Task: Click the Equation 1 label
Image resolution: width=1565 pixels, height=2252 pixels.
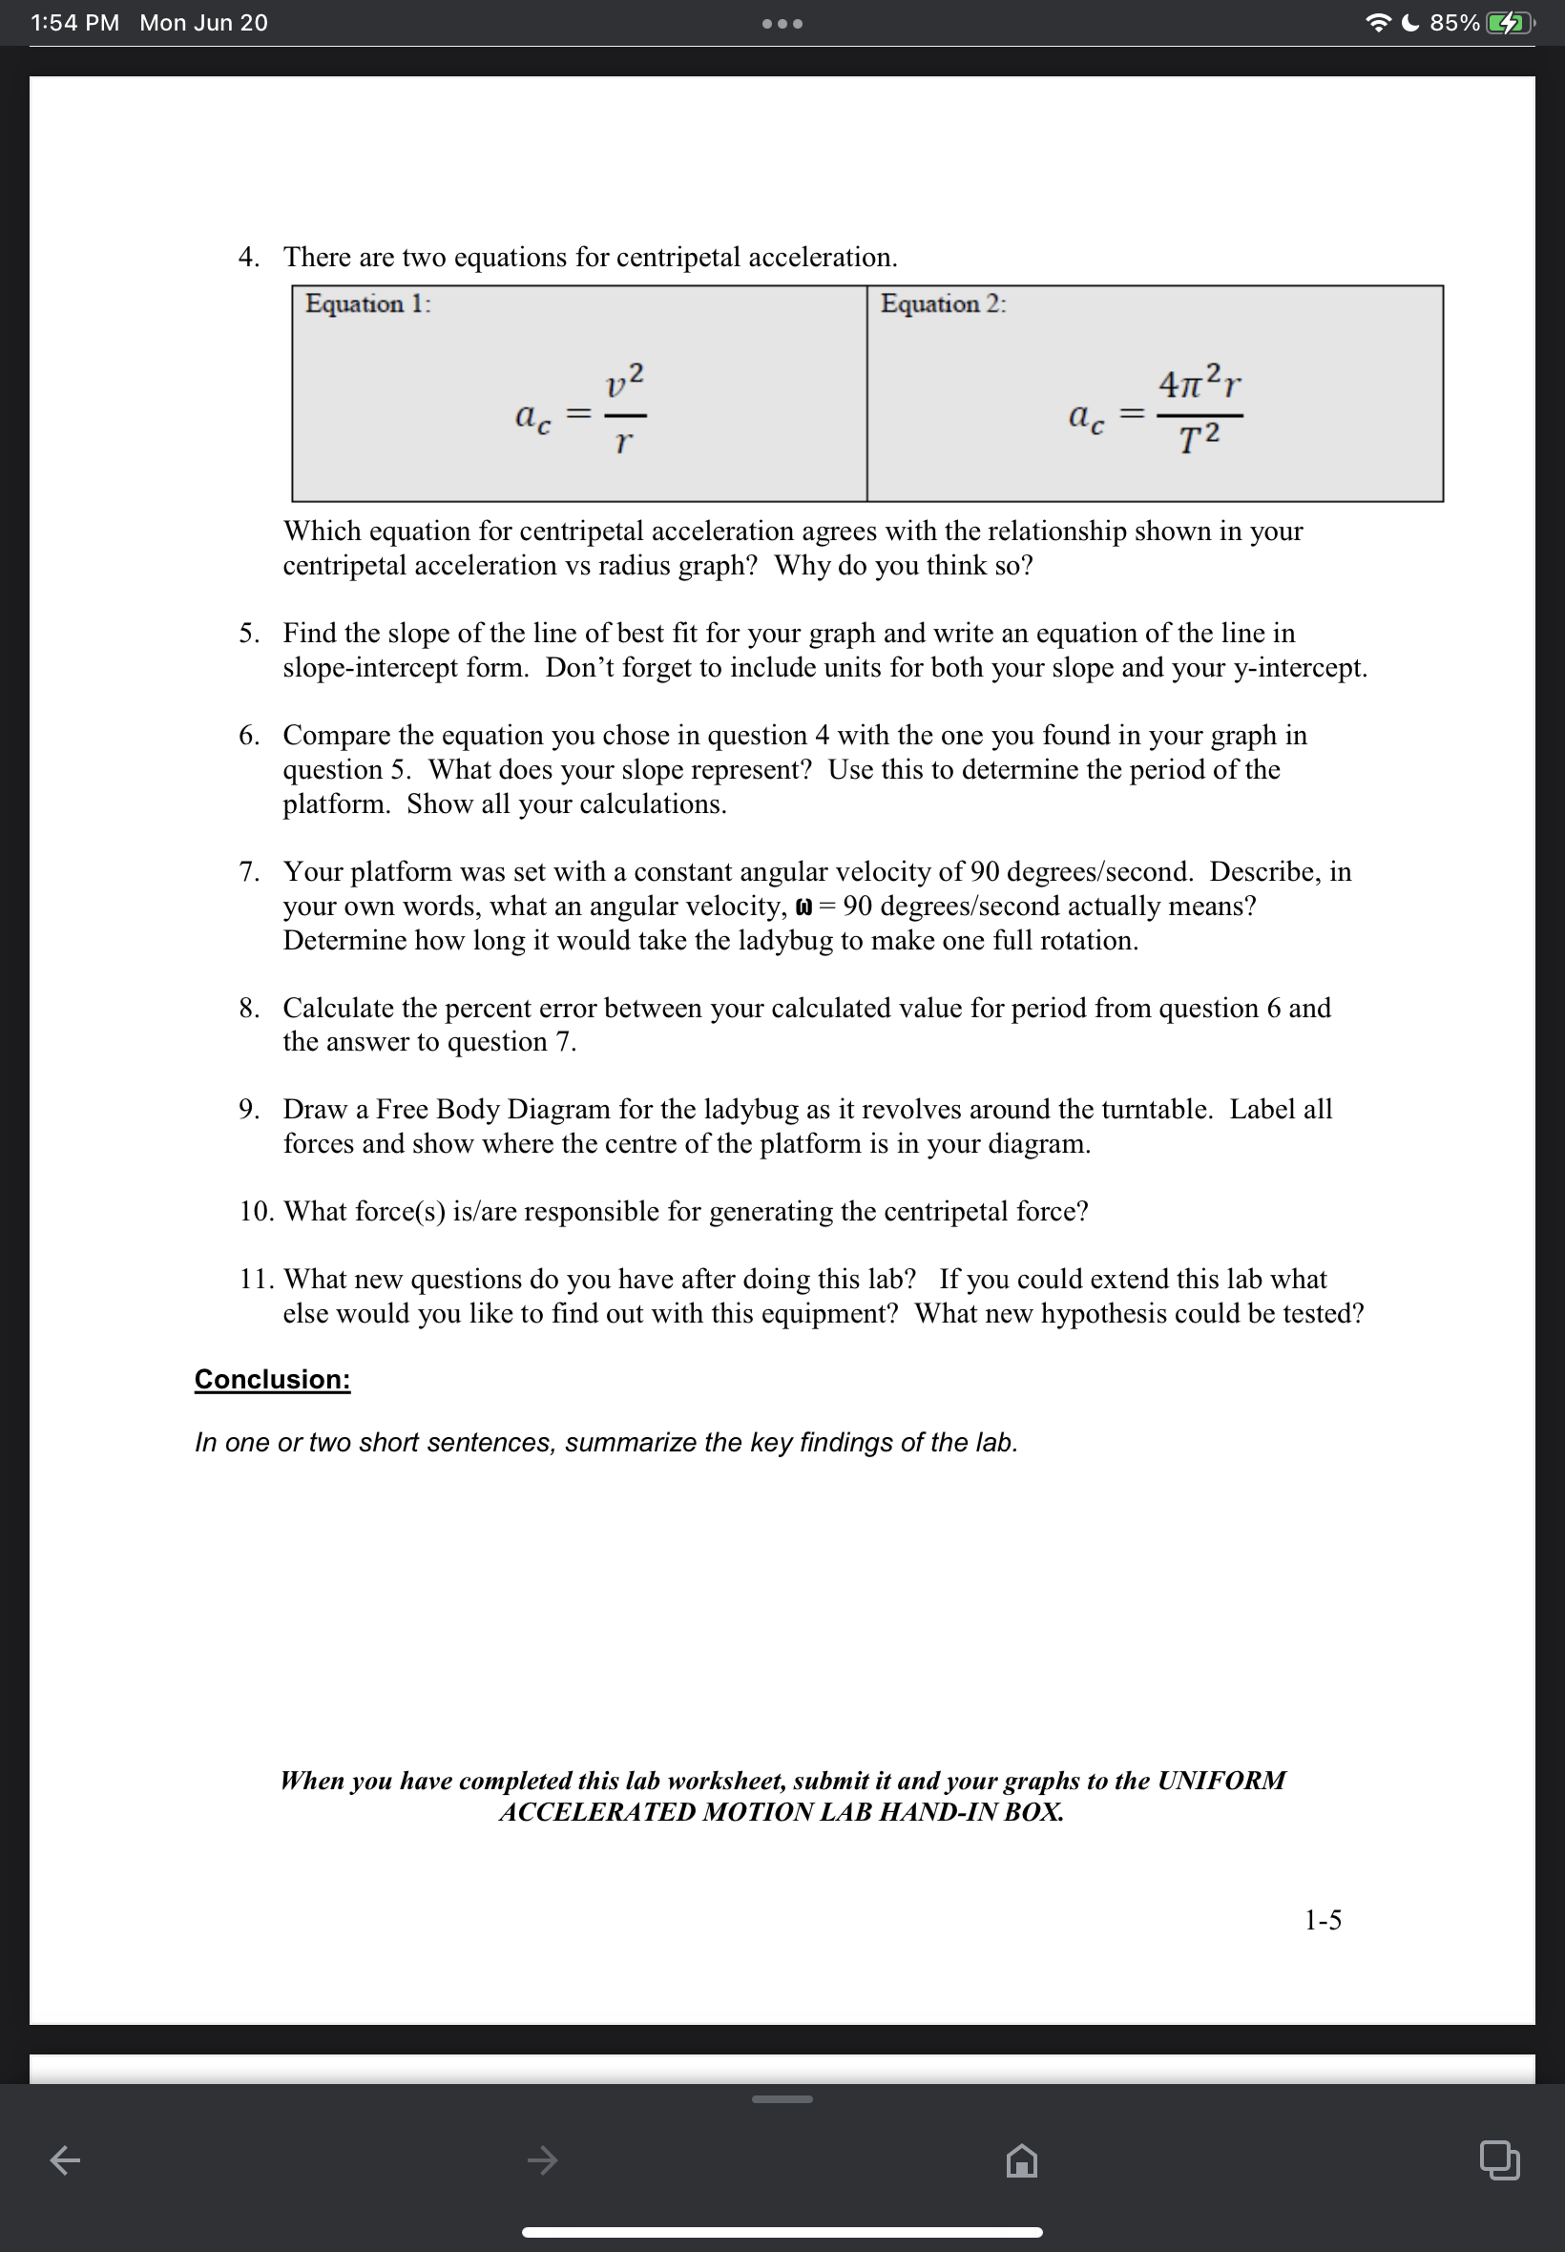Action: click(367, 304)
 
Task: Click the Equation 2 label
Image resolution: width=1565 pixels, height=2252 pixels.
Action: click(942, 304)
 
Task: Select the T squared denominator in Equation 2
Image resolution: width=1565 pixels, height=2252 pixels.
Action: click(1200, 438)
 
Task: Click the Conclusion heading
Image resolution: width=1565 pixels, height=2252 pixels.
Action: click(272, 1380)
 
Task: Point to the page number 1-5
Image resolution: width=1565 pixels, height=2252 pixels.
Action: click(1322, 1920)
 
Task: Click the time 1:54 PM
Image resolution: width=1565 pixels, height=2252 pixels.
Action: click(74, 23)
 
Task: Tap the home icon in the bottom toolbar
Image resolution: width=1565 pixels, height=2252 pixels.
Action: click(1021, 2159)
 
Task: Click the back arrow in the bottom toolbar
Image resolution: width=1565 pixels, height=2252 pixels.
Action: click(65, 2159)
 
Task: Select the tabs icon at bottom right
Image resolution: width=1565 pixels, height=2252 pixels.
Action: click(1498, 2159)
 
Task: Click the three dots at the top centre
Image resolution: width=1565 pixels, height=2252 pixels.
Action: click(782, 24)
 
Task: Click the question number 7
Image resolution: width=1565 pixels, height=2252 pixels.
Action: click(249, 871)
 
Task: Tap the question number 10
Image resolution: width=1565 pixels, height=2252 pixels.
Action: click(256, 1212)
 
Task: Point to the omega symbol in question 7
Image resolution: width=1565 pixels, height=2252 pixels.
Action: click(803, 907)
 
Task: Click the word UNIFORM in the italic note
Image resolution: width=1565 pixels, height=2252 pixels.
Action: click(1221, 1781)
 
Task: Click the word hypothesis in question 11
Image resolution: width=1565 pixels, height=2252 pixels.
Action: click(1102, 1314)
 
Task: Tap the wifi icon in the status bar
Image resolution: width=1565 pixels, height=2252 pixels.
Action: click(1378, 23)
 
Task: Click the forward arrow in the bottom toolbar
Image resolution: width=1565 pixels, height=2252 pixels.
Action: click(542, 2159)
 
